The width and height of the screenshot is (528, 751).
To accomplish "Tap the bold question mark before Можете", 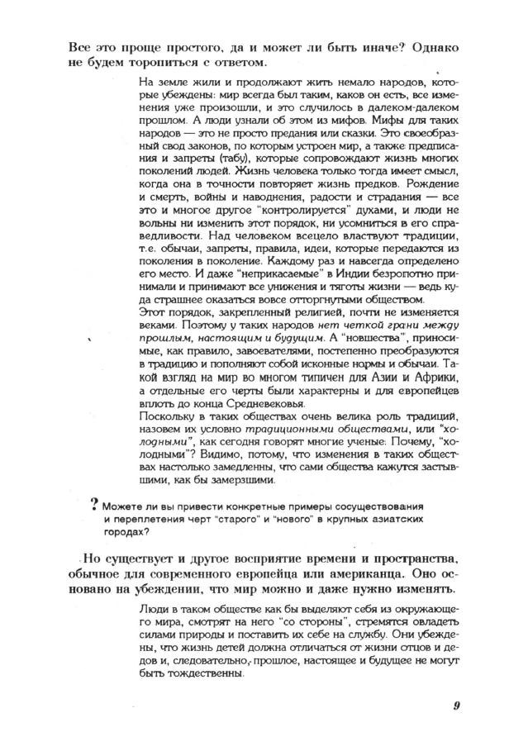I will [95, 505].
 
